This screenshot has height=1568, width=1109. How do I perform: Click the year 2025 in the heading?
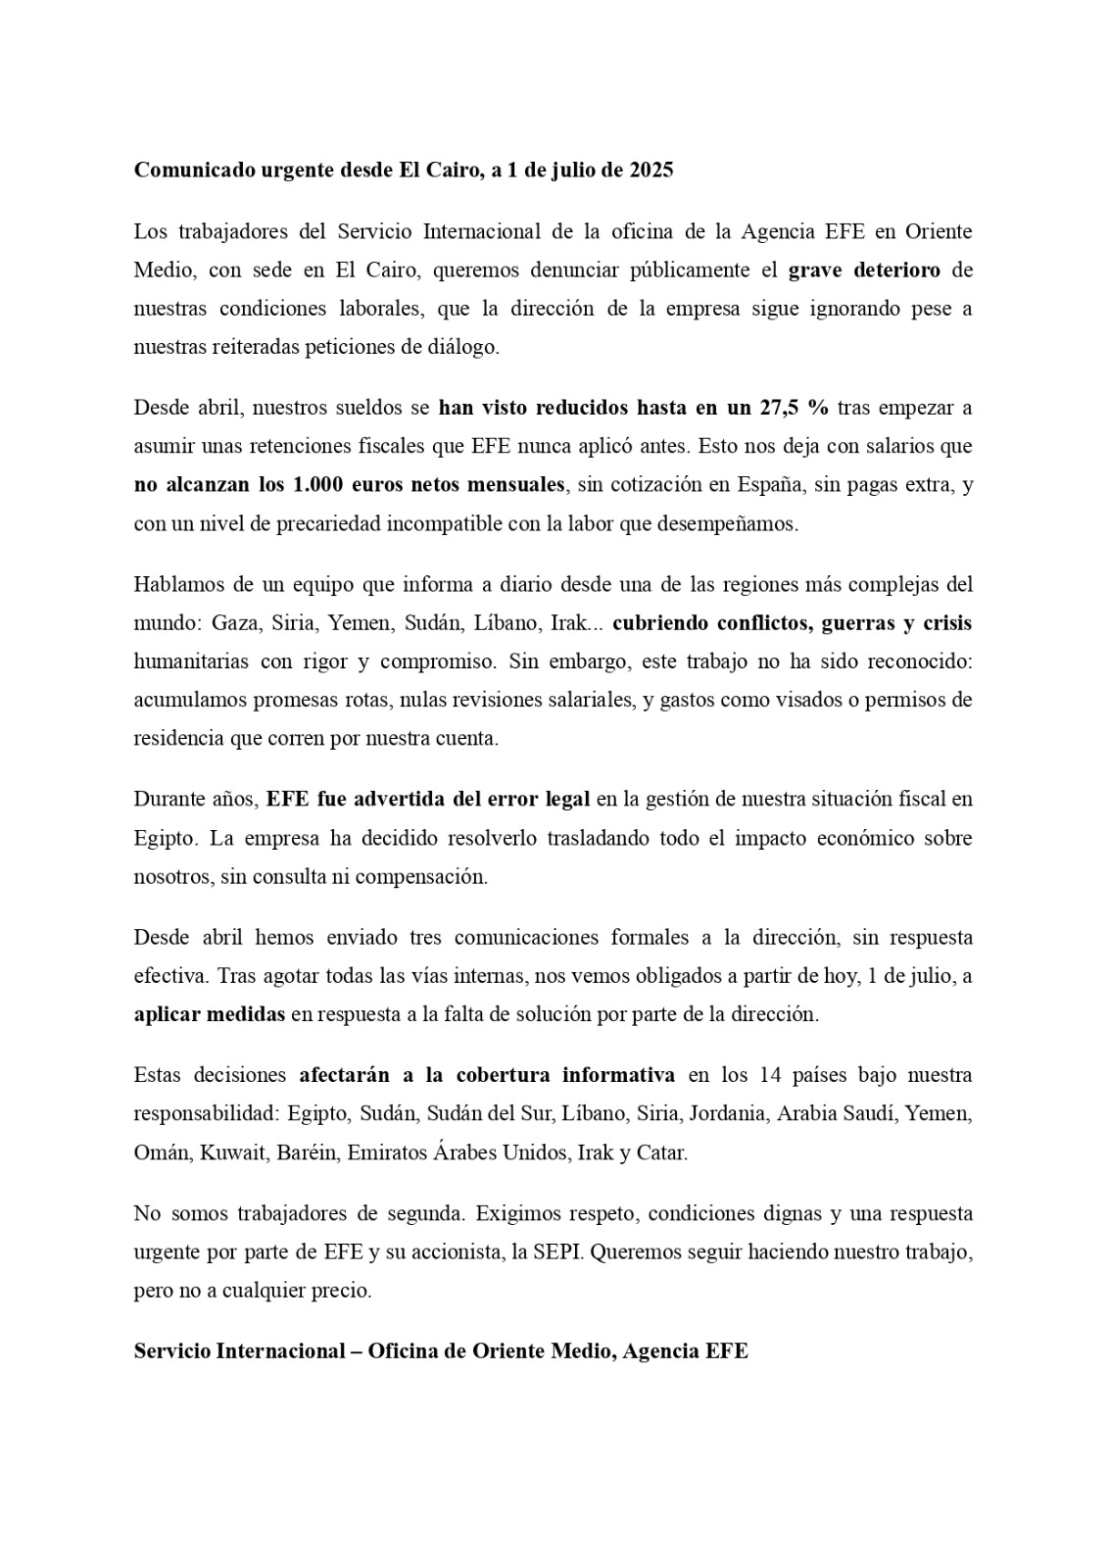(646, 170)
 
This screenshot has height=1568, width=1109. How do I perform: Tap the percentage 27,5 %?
(794, 408)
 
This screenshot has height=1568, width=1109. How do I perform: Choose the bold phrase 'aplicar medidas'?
(209, 1015)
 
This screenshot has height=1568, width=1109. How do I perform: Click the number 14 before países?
(769, 1075)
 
